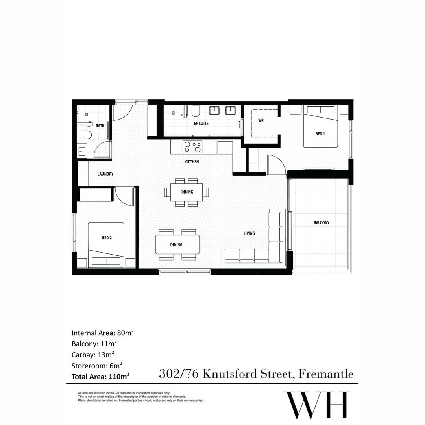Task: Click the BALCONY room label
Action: coord(322,223)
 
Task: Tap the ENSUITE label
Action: coord(201,124)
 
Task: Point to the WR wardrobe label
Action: coord(261,121)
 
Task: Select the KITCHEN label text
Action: coord(192,162)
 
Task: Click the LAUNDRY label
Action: coord(105,174)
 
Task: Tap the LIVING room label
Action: coord(249,233)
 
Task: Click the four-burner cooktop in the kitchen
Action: coord(192,147)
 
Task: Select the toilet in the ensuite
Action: coord(196,112)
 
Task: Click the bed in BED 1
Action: coord(320,127)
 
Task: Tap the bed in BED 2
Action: coord(106,245)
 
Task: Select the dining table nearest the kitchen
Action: coord(187,192)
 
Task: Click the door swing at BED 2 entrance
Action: coord(123,197)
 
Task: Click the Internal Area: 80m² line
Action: coord(103,333)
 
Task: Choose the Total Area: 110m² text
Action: coord(101,377)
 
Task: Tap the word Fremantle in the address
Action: coord(326,373)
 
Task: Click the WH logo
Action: coord(317,405)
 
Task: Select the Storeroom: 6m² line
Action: coord(97,365)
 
